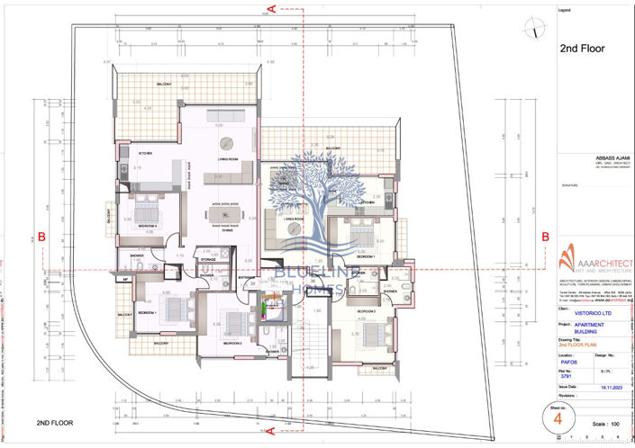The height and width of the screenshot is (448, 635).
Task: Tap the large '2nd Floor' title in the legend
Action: pos(581,49)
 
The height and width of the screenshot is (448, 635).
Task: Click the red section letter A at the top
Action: pos(270,8)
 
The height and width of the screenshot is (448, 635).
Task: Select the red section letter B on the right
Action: pos(544,237)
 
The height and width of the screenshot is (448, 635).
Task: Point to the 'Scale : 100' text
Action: pos(602,422)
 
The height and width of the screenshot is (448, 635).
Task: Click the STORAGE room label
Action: pos(208,259)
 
